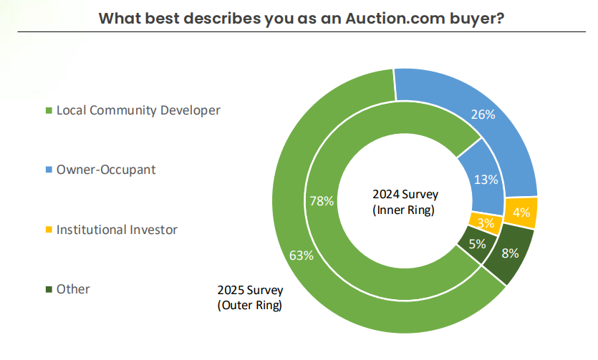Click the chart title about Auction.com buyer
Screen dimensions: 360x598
pyautogui.click(x=300, y=18)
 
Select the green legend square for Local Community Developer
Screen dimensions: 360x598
pyautogui.click(x=49, y=111)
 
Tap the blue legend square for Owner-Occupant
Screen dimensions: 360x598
pyautogui.click(x=49, y=170)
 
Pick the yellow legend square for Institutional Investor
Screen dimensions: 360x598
pyautogui.click(x=49, y=230)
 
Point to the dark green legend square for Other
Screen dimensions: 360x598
pyautogui.click(x=49, y=290)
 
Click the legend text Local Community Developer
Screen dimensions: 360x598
pyautogui.click(x=138, y=111)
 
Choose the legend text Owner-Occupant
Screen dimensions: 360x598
pyautogui.click(x=106, y=170)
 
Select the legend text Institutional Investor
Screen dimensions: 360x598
pyautogui.click(x=117, y=230)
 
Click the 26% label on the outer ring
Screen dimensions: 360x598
pyautogui.click(x=483, y=115)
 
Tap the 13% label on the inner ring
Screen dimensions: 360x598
pyautogui.click(x=486, y=180)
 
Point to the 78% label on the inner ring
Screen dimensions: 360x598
pyautogui.click(x=322, y=201)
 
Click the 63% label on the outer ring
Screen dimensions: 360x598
pyautogui.click(x=301, y=256)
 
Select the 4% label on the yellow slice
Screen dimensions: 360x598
pyautogui.click(x=521, y=213)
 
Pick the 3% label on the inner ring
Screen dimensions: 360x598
pyautogui.click(x=486, y=223)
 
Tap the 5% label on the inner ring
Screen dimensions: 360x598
pyautogui.click(x=478, y=243)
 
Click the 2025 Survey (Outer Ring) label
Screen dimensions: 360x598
pyautogui.click(x=250, y=298)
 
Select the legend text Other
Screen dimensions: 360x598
pyautogui.click(x=73, y=290)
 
